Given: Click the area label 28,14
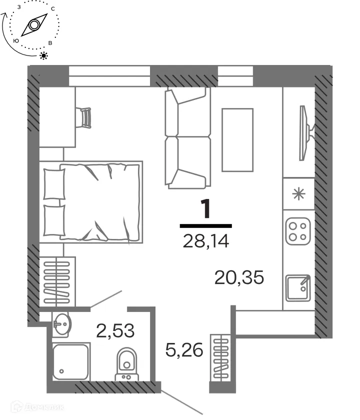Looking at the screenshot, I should coord(206,241).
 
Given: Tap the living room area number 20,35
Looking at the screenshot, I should coord(239,276).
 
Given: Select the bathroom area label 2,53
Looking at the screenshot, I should coord(115,330).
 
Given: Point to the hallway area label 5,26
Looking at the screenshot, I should coord(184,350).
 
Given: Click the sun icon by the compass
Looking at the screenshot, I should coord(44,55).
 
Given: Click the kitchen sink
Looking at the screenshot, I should coord(298,287).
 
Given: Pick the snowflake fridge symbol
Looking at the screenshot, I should coord(298,194).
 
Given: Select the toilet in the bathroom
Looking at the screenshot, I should coord(127,363).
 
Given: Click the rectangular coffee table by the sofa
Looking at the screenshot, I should coord(237,139).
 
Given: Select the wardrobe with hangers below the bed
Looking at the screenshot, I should coord(57,282).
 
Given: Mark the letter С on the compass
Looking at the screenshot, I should coord(53,9).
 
